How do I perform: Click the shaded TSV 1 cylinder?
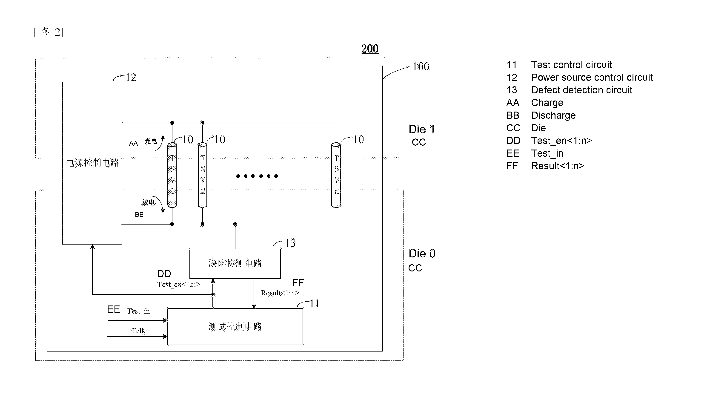172,175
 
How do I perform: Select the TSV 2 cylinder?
202,175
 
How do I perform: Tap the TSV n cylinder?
336,175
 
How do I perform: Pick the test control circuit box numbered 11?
235,327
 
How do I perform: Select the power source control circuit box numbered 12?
92,163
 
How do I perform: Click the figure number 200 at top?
370,49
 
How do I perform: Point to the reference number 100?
421,66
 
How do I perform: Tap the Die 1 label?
422,129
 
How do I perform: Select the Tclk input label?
138,331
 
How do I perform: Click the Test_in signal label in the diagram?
138,311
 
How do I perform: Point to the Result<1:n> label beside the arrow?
280,293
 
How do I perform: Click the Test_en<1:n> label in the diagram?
179,284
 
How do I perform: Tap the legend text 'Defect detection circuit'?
581,90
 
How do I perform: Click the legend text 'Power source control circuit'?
592,78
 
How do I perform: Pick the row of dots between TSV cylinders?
257,176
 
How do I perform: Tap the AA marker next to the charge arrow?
134,144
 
